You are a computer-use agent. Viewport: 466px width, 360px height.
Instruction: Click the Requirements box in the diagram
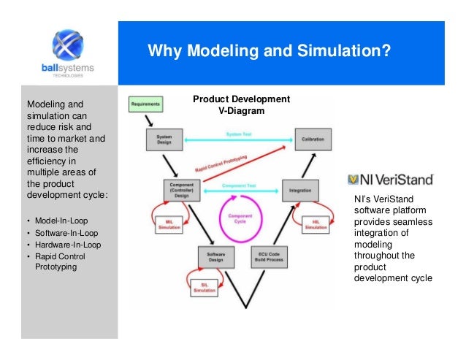145,105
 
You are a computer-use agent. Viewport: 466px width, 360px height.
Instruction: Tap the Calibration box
313,137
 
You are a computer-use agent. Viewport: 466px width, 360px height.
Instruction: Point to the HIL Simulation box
316,224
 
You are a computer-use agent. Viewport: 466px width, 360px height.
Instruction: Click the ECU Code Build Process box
270,256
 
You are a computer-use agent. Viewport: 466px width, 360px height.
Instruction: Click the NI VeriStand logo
391,178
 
